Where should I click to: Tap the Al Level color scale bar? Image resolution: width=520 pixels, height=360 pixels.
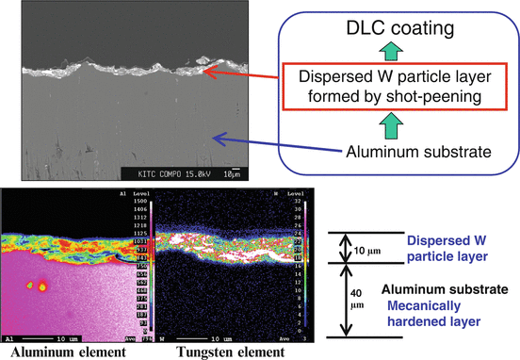click(140, 264)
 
